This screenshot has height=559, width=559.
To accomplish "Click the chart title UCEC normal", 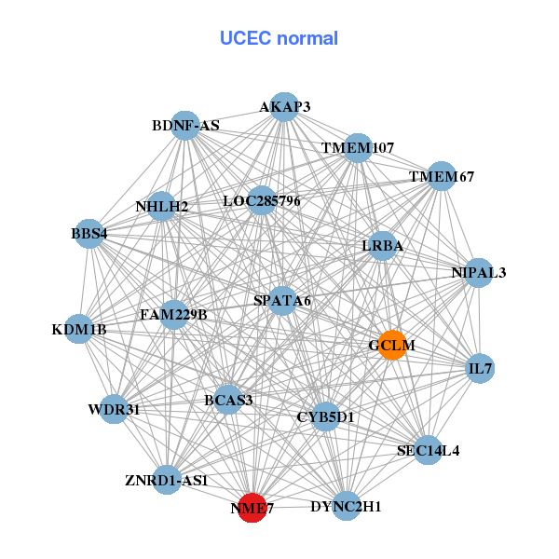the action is (x=279, y=38).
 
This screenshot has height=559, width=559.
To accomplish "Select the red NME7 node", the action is (x=252, y=508).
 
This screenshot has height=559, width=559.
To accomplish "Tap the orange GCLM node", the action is (x=392, y=345).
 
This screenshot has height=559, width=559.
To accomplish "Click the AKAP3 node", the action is (x=284, y=107).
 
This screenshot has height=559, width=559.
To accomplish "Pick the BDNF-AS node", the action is (x=186, y=126).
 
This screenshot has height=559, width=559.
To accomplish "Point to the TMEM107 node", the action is (x=359, y=148).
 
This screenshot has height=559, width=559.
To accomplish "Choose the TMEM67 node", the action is (x=442, y=177).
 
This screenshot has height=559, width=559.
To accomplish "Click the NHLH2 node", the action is (x=161, y=206).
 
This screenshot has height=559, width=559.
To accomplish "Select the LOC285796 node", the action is (x=262, y=200).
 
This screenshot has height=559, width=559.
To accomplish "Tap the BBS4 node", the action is (x=89, y=233).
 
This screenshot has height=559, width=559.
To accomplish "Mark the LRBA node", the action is (x=383, y=246).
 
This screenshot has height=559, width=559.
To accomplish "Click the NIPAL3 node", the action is (x=479, y=273).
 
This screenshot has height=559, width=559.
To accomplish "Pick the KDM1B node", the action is (x=79, y=329).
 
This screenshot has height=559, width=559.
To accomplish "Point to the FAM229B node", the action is (x=173, y=314).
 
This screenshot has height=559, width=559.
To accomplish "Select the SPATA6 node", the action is (x=282, y=300).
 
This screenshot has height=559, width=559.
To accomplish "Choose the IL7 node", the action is (x=480, y=369).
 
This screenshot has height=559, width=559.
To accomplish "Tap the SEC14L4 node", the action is (x=428, y=451).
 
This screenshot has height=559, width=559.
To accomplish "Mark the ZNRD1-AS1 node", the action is (x=167, y=481).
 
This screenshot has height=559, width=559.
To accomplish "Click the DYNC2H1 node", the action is (x=346, y=507).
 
